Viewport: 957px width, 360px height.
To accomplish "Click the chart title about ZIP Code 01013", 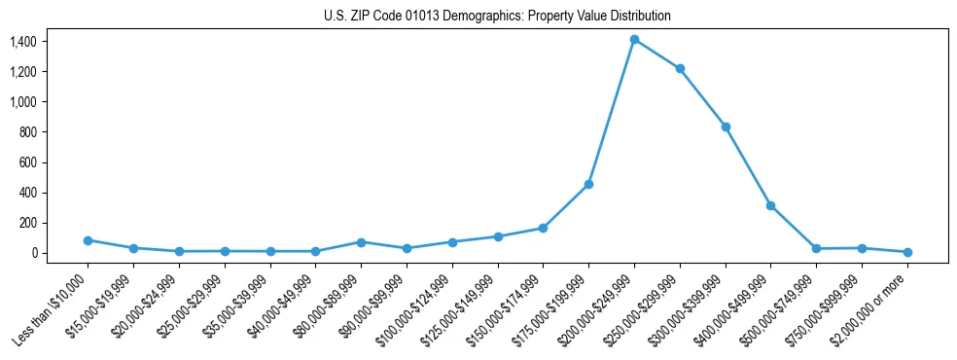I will [x=497, y=17].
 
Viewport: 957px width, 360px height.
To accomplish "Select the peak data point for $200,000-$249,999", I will [x=634, y=40].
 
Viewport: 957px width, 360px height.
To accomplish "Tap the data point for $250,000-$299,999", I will [x=680, y=69].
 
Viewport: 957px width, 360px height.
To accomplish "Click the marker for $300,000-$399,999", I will [x=726, y=126].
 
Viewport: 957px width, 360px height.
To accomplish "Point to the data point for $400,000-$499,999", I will [x=770, y=205].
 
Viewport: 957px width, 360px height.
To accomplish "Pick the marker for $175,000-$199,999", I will [x=588, y=184].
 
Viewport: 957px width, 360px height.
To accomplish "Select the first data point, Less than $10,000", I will [x=88, y=240].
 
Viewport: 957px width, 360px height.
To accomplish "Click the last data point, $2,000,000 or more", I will [x=907, y=252].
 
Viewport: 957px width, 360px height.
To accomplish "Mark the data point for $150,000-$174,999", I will [x=543, y=228].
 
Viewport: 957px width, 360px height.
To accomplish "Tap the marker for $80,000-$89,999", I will [x=361, y=242].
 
